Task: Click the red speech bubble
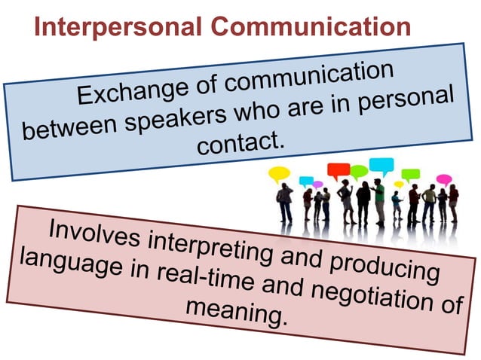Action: pos(339,170)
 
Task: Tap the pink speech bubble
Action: pos(444,179)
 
